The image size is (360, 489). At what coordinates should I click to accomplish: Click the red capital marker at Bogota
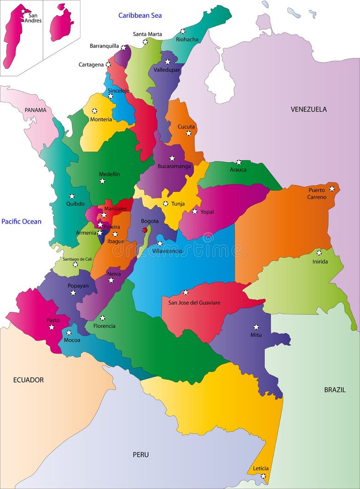[x=145, y=230]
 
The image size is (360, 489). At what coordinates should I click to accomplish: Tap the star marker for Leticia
[x=263, y=476]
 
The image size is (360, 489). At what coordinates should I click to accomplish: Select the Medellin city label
[x=109, y=174]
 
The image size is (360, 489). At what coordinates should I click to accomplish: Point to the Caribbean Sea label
[x=140, y=15]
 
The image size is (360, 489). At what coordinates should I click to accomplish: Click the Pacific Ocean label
[x=21, y=221]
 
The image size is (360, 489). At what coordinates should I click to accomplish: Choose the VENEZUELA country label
[x=308, y=109]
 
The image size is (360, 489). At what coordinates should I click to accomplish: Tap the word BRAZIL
[x=335, y=390]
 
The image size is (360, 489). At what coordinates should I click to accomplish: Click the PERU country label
[x=141, y=454]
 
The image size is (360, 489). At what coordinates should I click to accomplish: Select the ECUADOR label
[x=28, y=380]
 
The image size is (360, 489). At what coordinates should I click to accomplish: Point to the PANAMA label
[x=36, y=110]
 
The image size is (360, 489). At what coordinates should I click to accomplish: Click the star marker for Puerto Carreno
[x=332, y=188]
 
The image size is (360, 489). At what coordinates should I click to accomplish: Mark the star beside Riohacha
[x=183, y=31]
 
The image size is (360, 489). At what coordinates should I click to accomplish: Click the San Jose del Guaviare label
[x=194, y=302]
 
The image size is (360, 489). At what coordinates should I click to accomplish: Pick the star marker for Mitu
[x=256, y=327]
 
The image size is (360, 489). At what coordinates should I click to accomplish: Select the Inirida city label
[x=320, y=262]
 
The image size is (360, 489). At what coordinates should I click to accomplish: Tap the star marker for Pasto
[x=52, y=327]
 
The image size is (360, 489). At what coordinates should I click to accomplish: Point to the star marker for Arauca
[x=238, y=162]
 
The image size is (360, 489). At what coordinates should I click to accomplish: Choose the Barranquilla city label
[x=104, y=46]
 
